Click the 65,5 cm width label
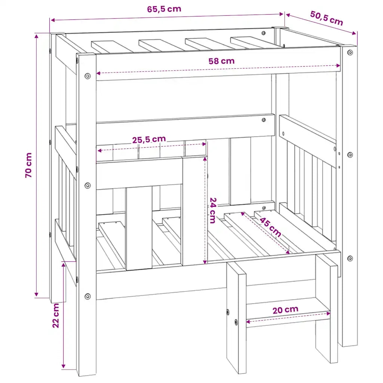(x=164, y=9)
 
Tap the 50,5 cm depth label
(x=327, y=18)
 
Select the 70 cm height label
(x=28, y=165)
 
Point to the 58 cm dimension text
(x=221, y=61)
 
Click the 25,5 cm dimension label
(x=149, y=140)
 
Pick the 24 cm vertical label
(x=213, y=211)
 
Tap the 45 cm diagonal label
(x=270, y=227)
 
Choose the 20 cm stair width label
(x=285, y=310)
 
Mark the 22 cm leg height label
(x=56, y=315)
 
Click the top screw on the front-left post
(x=88, y=76)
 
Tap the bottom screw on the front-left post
(x=88, y=297)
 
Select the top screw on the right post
(x=350, y=52)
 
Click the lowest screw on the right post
(x=350, y=258)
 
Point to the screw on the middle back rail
(x=264, y=120)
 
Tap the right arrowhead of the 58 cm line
(x=338, y=65)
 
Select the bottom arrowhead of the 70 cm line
(x=36, y=294)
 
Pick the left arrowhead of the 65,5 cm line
(x=52, y=20)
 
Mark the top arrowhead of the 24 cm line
(x=205, y=159)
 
